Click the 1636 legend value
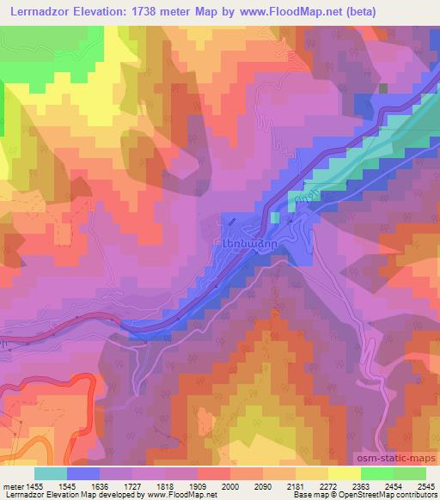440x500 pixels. pos(100,486)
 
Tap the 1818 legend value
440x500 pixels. pos(165,486)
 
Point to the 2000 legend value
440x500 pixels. pos(230,486)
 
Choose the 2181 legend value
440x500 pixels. pos(296,486)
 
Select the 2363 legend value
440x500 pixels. pos(361,486)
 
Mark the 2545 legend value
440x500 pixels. pos(425,486)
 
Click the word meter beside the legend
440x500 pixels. pos(12,486)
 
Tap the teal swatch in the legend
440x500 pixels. pos(51,473)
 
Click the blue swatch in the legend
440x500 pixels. pos(83,473)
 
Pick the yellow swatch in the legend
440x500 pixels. pos(345,473)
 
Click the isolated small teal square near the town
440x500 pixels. pos(275,217)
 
